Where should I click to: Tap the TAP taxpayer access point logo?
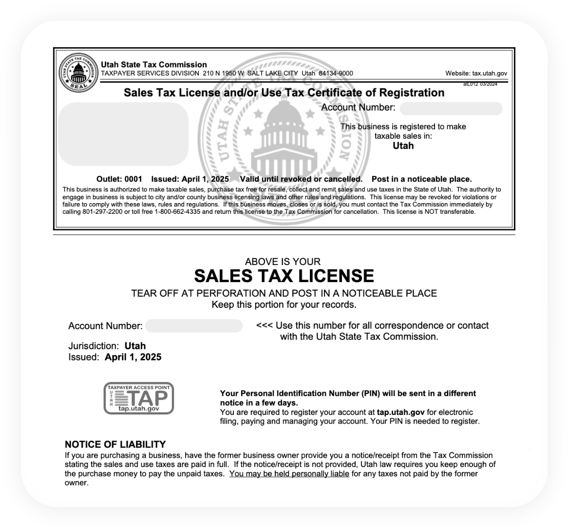(139, 398)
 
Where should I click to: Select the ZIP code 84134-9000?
(336, 74)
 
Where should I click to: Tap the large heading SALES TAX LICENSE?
(284, 276)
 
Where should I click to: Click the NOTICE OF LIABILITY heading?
(115, 444)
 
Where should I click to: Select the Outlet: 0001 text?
(119, 179)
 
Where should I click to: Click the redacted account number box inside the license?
(451, 108)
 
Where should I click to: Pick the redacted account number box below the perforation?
(193, 326)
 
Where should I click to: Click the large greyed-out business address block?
(123, 134)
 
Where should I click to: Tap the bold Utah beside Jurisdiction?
(135, 346)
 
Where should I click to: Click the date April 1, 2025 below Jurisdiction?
(133, 358)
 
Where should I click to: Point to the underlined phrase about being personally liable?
(289, 474)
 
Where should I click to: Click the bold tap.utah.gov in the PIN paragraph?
(397, 412)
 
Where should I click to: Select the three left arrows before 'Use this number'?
(265, 325)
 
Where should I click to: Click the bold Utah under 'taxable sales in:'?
(403, 146)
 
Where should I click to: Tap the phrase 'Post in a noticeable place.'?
(421, 179)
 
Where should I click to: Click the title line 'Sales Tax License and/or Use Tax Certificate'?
(284, 93)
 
